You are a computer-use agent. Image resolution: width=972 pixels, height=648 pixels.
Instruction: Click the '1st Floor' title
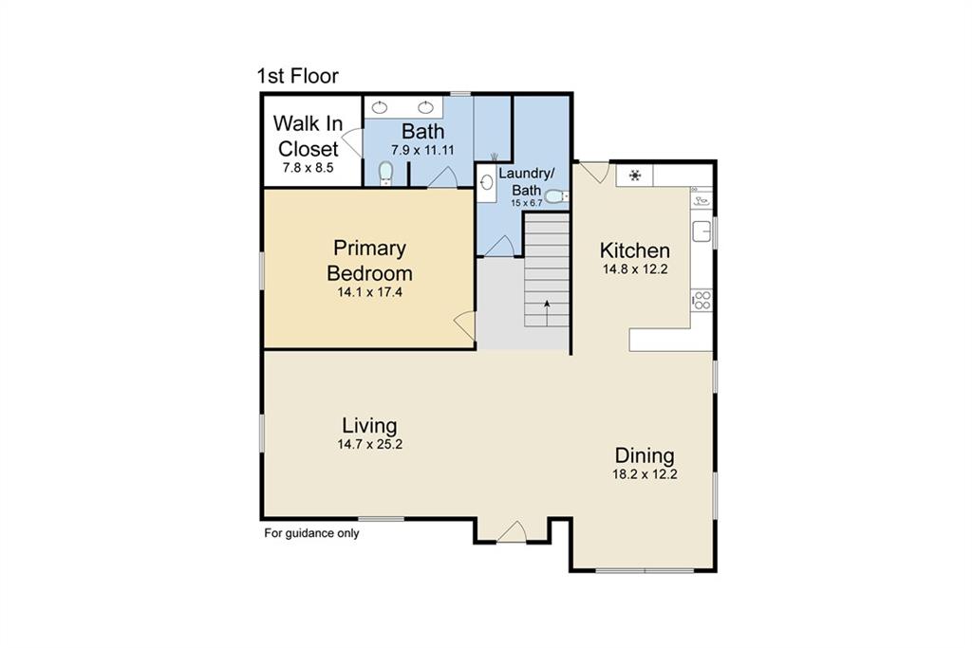point(297,76)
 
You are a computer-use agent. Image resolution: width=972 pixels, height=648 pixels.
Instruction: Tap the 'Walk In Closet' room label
point(308,136)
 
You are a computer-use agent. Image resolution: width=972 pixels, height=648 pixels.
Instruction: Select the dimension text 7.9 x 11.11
point(422,150)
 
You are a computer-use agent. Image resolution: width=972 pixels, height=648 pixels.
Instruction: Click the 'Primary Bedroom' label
point(369,260)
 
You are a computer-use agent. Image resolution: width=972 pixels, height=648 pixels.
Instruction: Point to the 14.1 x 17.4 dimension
point(369,292)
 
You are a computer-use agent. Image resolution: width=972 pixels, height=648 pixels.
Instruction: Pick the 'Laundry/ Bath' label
point(526,181)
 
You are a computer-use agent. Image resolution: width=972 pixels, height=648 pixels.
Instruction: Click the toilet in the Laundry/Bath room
point(556,197)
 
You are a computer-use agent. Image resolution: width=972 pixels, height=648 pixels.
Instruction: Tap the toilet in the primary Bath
point(385,173)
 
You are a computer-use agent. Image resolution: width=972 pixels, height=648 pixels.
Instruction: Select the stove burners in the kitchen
point(701,301)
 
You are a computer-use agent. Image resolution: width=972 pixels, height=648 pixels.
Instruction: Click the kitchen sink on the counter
point(701,231)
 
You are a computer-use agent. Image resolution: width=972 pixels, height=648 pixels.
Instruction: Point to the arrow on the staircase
point(547,313)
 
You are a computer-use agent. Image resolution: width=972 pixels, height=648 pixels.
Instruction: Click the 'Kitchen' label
point(635,250)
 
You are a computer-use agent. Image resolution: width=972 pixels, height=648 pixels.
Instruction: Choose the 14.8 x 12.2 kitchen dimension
point(635,269)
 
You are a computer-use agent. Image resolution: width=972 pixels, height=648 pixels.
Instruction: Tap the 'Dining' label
point(645,455)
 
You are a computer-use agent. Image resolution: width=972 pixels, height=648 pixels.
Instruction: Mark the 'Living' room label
point(369,425)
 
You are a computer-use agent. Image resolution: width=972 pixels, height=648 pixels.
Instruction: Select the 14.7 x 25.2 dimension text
point(369,444)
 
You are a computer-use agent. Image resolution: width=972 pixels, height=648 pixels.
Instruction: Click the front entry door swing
point(512,531)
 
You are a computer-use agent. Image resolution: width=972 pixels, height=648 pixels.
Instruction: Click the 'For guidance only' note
point(311,533)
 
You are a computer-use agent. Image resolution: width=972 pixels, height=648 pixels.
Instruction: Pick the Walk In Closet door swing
point(353,142)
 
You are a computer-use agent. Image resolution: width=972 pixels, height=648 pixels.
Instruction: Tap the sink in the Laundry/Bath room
point(487,182)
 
